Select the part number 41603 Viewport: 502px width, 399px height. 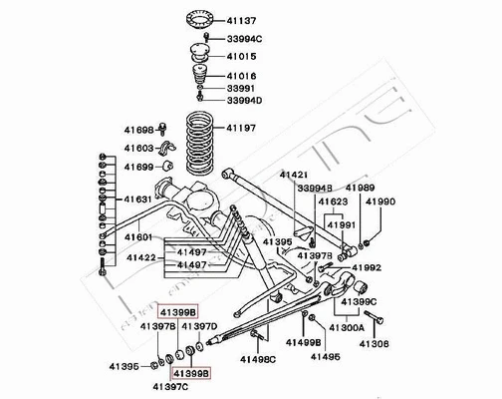[x=138, y=148]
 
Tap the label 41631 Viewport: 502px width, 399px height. [x=138, y=199]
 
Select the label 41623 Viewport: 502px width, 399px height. [x=333, y=201]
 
